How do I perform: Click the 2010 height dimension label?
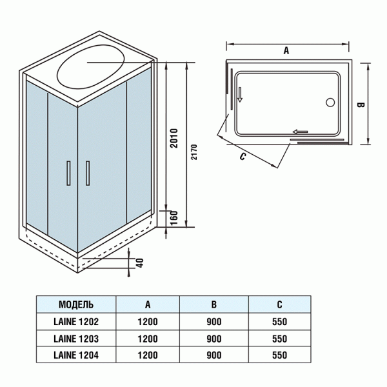pyautogui.click(x=172, y=137)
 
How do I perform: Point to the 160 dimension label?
pyautogui.click(x=172, y=217)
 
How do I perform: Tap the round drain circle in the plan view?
pyautogui.click(x=331, y=102)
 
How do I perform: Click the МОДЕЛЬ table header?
pyautogui.click(x=75, y=304)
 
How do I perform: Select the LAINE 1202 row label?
pyautogui.click(x=75, y=321)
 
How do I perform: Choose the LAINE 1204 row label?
pyautogui.click(x=75, y=354)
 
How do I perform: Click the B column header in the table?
pyautogui.click(x=213, y=304)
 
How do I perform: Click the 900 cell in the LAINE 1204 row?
pyautogui.click(x=213, y=354)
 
